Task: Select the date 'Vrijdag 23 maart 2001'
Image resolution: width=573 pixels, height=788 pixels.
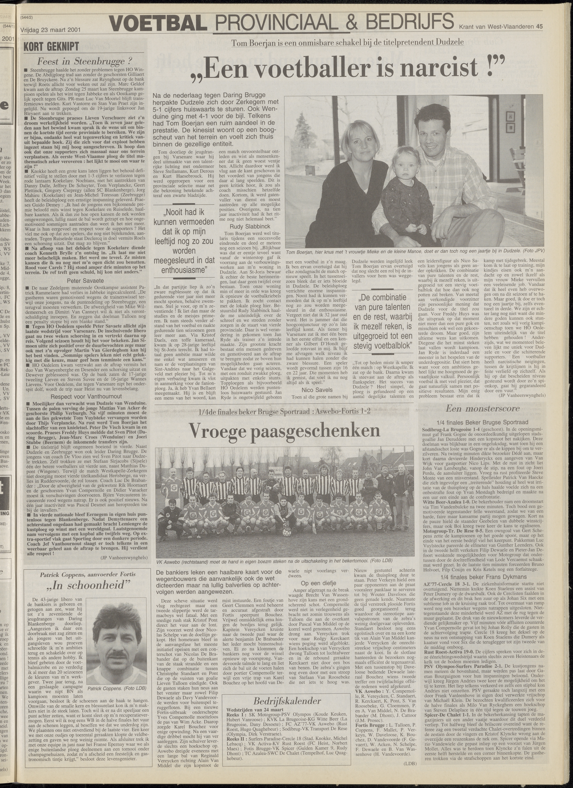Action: click(x=50, y=29)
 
